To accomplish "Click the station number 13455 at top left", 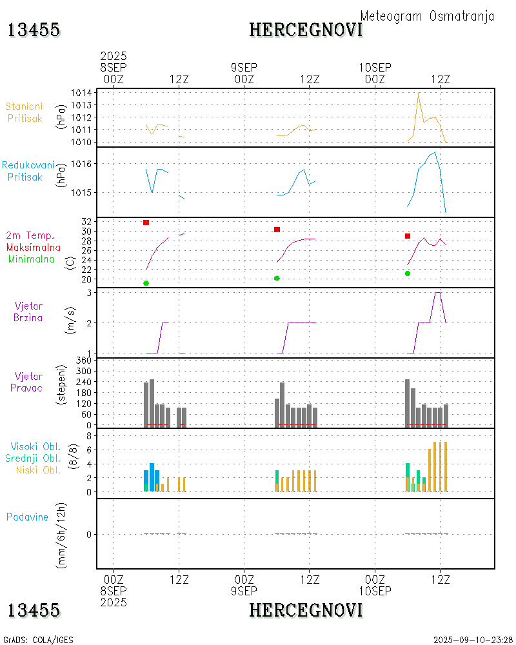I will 34,30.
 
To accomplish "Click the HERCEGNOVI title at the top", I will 306,30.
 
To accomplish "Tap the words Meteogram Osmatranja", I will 427,16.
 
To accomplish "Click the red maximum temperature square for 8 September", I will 146,223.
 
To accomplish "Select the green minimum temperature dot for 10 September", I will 408,273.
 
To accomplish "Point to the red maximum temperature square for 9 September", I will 277,230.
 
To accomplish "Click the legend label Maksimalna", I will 34,248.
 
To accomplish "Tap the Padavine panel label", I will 27,517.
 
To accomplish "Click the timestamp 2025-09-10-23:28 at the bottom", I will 473,640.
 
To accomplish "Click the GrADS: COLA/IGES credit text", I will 38,640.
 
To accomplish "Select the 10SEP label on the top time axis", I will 375,67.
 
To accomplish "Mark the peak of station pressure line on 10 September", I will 419,94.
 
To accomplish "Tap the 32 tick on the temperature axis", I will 86,221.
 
